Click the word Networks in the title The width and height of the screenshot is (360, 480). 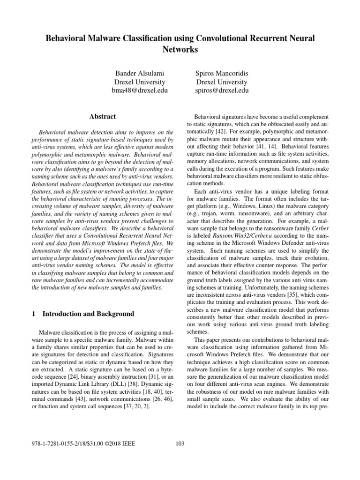[x=180, y=49]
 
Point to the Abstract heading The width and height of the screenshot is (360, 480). [x=103, y=117]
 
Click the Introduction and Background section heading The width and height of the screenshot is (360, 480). [x=88, y=314]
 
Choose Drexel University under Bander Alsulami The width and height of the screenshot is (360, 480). [x=140, y=82]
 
